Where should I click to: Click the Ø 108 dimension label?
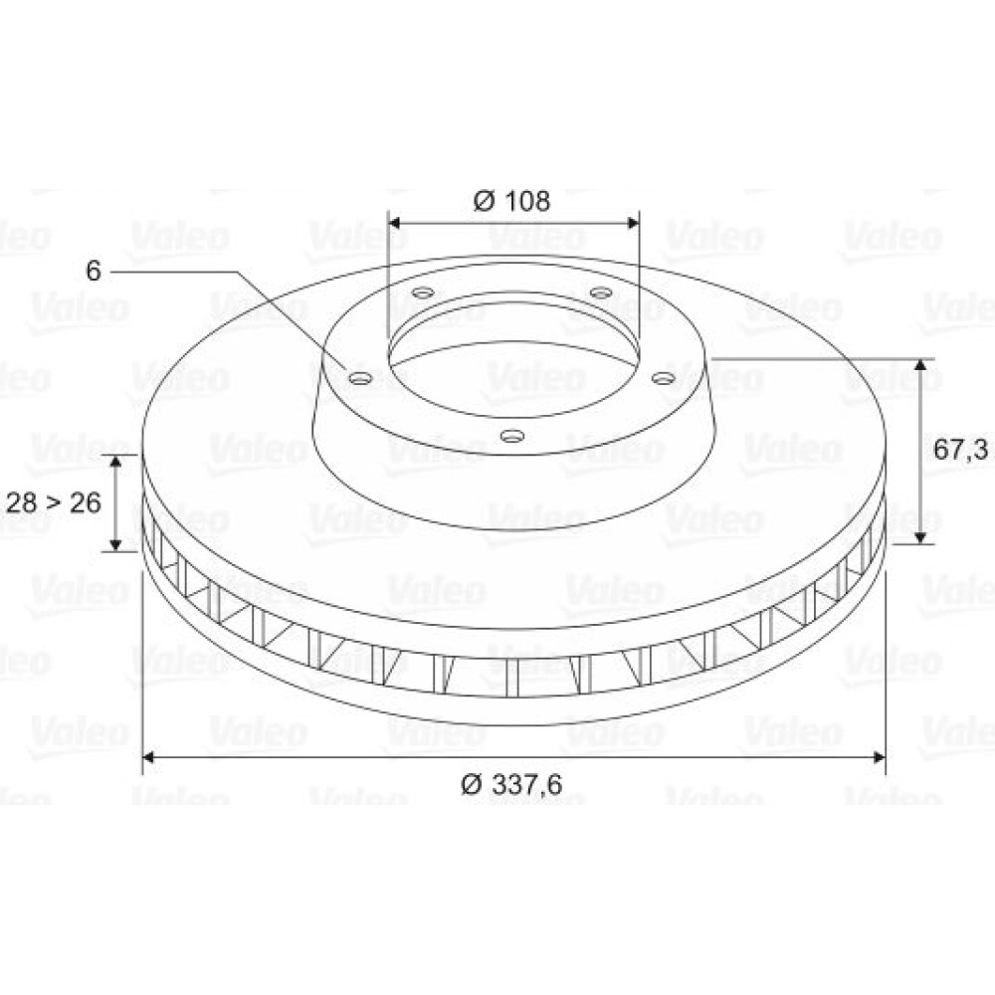pyautogui.click(x=511, y=201)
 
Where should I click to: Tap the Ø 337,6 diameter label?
pyautogui.click(x=511, y=785)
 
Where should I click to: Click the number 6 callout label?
pyautogui.click(x=94, y=271)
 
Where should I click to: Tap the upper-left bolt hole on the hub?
pyautogui.click(x=423, y=294)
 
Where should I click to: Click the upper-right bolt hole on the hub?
pyautogui.click(x=600, y=293)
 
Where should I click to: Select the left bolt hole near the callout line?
pyautogui.click(x=360, y=379)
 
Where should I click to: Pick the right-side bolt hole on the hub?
pyautogui.click(x=663, y=379)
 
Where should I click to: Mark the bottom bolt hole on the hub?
pyautogui.click(x=512, y=436)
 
